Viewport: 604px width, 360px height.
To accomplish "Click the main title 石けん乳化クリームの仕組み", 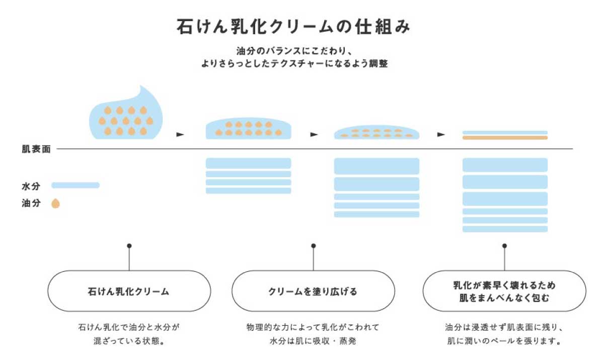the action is click(293, 27).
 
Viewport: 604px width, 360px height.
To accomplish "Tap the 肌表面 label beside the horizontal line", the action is click(36, 149).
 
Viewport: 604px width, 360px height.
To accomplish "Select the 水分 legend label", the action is click(31, 186).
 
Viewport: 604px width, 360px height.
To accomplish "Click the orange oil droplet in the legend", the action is click(55, 203).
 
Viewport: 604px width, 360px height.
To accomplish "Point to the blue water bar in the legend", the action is click(75, 185).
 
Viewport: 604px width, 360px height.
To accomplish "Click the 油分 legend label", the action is click(31, 203).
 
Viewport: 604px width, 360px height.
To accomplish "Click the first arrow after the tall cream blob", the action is click(180, 134).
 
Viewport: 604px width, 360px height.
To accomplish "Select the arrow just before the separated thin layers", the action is click(441, 134).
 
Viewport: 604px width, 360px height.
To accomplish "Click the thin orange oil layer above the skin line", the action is click(505, 138).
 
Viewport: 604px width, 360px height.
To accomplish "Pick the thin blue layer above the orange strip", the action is click(505, 132).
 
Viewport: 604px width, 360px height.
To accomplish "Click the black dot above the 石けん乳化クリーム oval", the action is click(129, 246).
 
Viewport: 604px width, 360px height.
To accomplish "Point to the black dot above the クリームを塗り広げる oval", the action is click(313, 246).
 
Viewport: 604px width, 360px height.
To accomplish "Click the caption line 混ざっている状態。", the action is click(129, 341).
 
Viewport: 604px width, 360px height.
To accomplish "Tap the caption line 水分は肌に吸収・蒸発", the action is click(313, 341).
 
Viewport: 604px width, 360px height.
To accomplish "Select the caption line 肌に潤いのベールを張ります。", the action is click(504, 341).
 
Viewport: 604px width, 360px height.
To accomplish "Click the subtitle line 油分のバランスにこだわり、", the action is click(294, 51).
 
